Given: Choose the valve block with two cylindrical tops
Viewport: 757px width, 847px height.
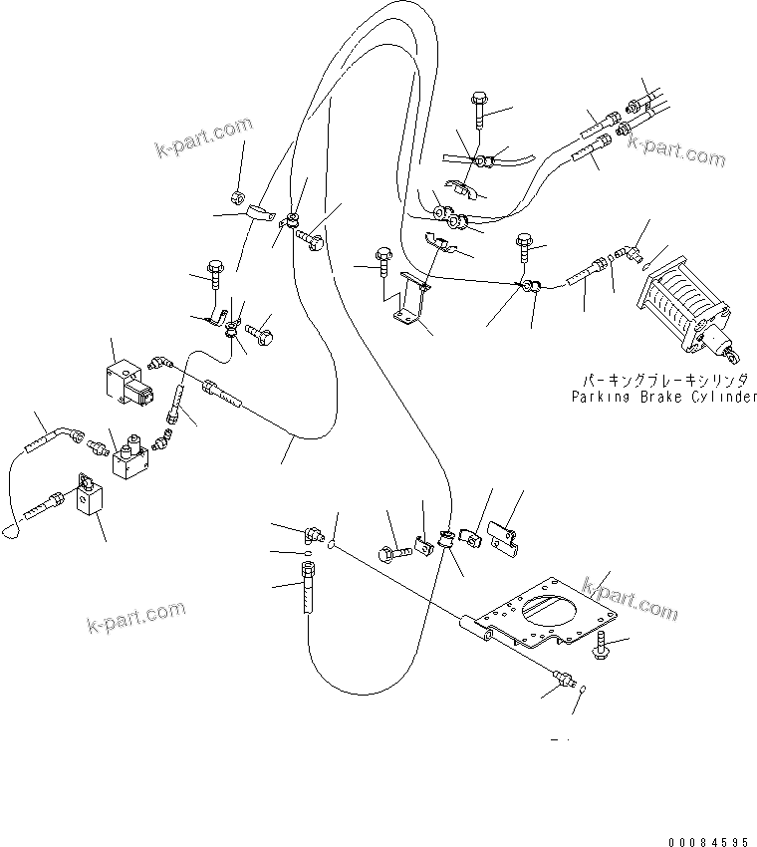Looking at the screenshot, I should point(130,457).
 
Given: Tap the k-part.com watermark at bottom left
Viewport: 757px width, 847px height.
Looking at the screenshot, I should point(136,617).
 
